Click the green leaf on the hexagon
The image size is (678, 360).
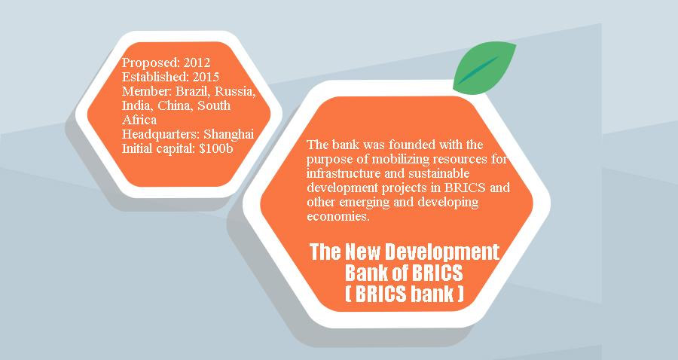tap(484, 68)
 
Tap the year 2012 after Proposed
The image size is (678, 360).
tap(197, 63)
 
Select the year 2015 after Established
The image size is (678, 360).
tap(206, 77)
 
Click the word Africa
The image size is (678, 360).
tap(139, 120)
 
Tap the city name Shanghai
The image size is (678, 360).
tap(228, 134)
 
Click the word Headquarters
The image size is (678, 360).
tap(161, 134)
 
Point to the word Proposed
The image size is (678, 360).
tap(151, 63)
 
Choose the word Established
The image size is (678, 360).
tap(155, 77)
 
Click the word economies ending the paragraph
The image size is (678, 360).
tap(338, 216)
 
